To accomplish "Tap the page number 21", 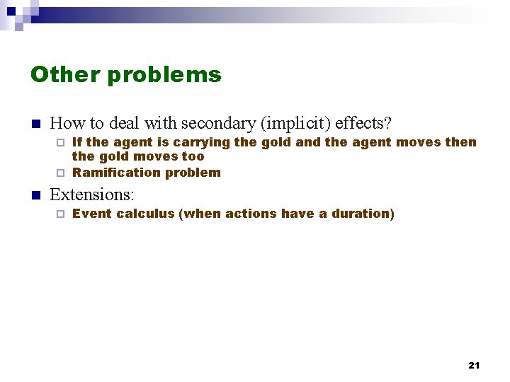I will [x=474, y=365].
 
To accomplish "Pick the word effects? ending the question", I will [x=363, y=123].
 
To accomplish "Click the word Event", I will [x=92, y=214].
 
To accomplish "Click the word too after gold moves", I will [x=193, y=157].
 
